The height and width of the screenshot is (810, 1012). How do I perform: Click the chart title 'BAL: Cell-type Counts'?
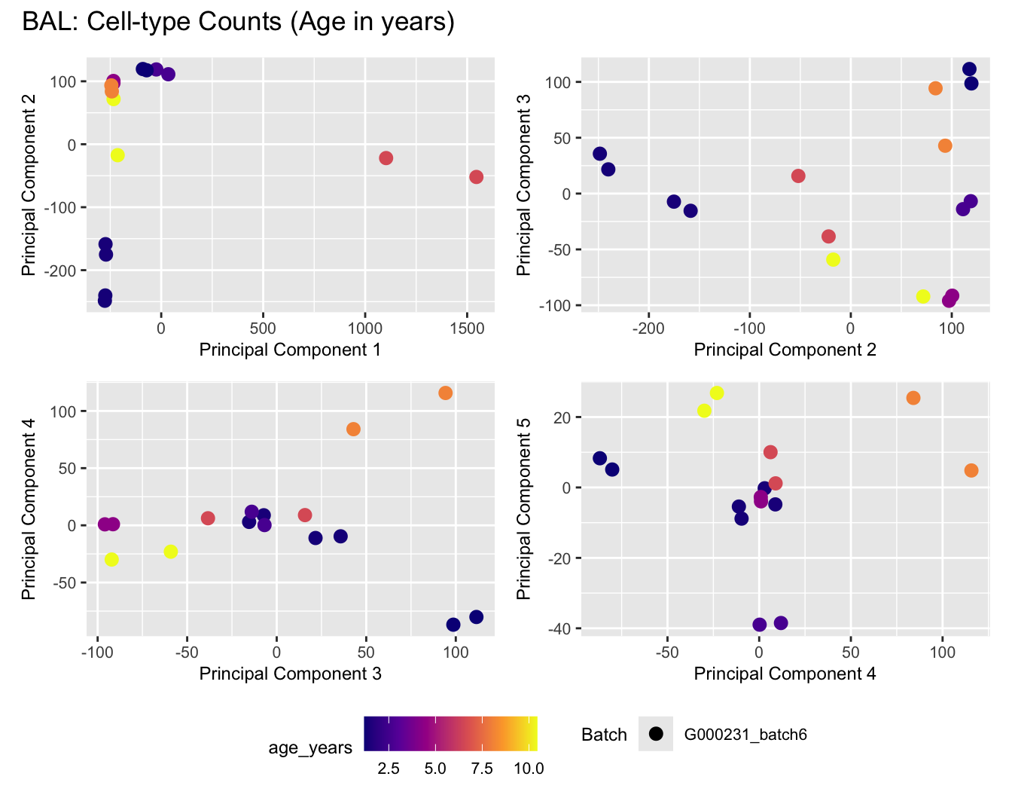click(x=238, y=21)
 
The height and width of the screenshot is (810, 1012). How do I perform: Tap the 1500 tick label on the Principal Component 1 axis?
click(x=467, y=329)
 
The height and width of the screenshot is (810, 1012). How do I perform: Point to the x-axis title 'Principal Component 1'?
click(x=290, y=350)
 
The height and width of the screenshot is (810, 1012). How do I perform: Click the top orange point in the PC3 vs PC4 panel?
click(x=445, y=393)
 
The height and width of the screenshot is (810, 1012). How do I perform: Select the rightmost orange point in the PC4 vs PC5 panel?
click(x=971, y=470)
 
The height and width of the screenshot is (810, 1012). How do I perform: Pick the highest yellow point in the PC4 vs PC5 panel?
click(x=717, y=393)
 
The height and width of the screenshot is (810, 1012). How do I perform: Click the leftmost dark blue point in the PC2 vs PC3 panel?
click(x=599, y=154)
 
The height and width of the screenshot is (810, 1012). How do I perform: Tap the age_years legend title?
click(x=310, y=747)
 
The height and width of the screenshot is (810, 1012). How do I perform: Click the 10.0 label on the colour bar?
click(x=529, y=769)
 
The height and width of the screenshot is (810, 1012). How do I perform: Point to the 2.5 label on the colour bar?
click(x=388, y=769)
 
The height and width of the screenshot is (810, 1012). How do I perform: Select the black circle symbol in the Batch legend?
click(x=655, y=734)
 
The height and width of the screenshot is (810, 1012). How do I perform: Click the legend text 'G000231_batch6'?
click(x=745, y=735)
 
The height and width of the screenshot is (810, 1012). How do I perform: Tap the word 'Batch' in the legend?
click(x=604, y=735)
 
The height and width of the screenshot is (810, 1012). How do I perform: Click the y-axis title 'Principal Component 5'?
click(x=524, y=509)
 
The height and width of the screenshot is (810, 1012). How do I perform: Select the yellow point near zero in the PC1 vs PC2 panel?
click(x=117, y=155)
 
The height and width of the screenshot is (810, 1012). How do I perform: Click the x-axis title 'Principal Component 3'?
click(x=290, y=674)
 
